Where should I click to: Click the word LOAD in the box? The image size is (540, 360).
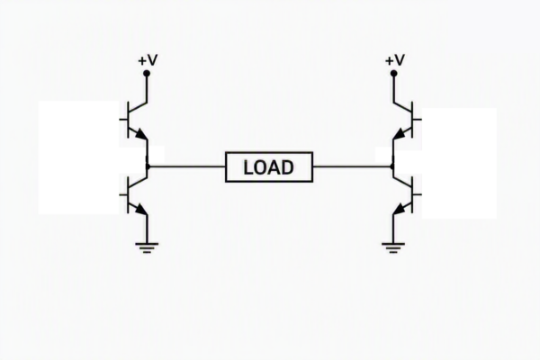[x=268, y=167]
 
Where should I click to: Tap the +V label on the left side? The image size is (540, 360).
[x=148, y=60]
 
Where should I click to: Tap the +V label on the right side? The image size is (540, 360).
[x=395, y=60]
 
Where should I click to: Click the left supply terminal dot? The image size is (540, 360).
[x=147, y=73]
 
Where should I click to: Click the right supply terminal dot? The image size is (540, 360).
[x=394, y=73]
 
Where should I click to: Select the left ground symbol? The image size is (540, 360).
[x=147, y=247]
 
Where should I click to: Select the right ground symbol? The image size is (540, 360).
[x=393, y=247]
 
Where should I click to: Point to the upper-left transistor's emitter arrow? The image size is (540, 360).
[x=141, y=134]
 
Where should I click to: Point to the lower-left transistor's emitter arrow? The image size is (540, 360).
[x=141, y=209]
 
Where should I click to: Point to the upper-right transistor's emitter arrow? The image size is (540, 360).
[x=400, y=134]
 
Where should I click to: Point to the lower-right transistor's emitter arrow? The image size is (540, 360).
[x=400, y=209]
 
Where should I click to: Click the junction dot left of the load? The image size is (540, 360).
[x=148, y=166]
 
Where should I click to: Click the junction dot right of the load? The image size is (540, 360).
[x=392, y=166]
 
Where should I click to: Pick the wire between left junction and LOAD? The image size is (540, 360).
[x=187, y=166]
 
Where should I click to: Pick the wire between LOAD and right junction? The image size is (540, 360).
[x=352, y=166]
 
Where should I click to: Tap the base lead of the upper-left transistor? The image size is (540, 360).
[x=123, y=119]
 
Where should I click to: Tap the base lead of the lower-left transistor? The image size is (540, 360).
[x=123, y=194]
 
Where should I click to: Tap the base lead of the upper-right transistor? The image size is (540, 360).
[x=417, y=119]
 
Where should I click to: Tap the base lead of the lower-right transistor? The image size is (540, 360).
[x=417, y=194]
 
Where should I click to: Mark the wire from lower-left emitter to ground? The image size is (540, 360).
[x=147, y=229]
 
